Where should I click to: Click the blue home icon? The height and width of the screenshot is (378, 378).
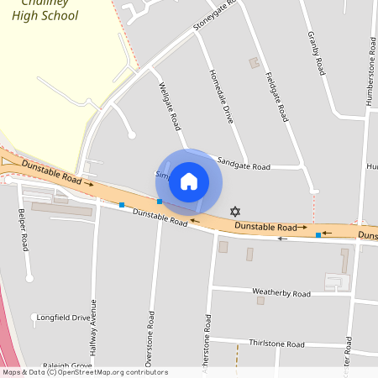pyautogui.click(x=189, y=181)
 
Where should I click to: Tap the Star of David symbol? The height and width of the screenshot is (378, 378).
pyautogui.click(x=234, y=211)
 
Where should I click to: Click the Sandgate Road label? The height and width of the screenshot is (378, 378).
pyautogui.click(x=244, y=166)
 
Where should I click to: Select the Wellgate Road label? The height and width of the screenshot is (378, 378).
pyautogui.click(x=169, y=106)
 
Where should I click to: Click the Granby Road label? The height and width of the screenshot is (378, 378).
pyautogui.click(x=316, y=52)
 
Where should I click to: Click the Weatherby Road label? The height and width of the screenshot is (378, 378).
pyautogui.click(x=281, y=293)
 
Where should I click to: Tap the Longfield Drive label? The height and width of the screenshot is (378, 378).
pyautogui.click(x=63, y=318)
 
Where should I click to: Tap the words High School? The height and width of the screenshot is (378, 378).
pyautogui.click(x=46, y=16)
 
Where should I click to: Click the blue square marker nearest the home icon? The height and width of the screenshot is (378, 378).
pyautogui.click(x=160, y=202)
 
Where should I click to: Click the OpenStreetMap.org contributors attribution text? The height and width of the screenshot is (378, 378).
pyautogui.click(x=122, y=372)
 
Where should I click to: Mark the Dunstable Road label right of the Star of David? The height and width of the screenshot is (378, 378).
pyautogui.click(x=265, y=227)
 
